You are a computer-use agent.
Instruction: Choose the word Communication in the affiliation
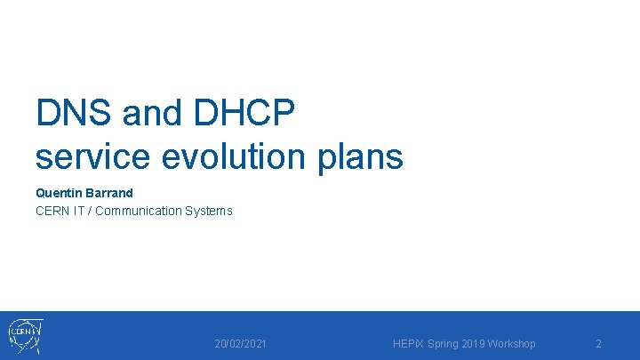coord(138,211)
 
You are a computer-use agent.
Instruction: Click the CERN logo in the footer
coord(25,336)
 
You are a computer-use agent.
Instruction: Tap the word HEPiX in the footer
coord(409,343)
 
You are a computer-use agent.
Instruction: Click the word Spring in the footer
coord(445,343)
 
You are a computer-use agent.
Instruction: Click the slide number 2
coord(598,343)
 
